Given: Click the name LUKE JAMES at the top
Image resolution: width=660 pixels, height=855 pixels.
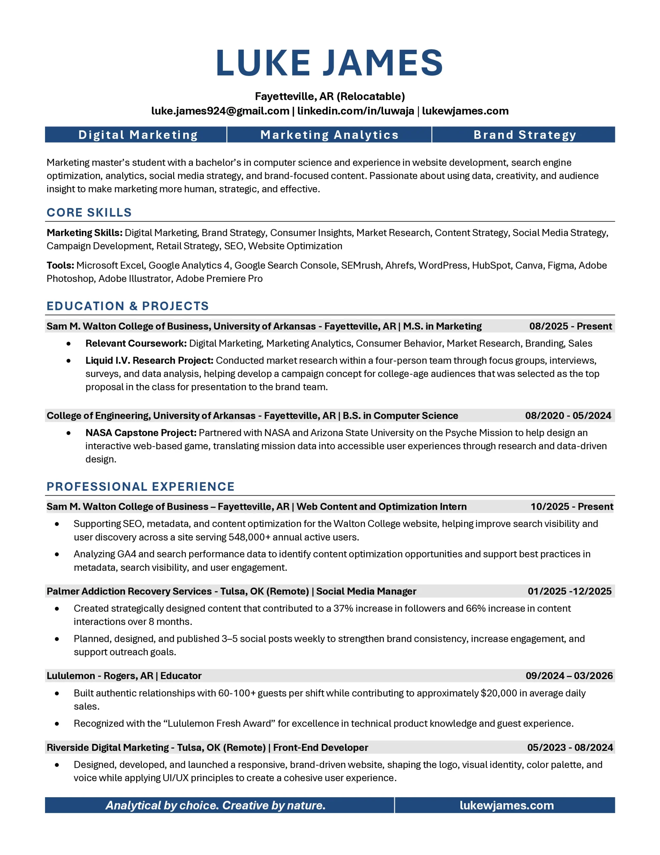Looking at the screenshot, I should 329,63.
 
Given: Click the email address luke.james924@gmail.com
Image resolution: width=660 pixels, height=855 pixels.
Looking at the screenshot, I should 220,111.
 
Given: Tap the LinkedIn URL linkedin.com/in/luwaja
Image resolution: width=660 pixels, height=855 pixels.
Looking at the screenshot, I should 355,111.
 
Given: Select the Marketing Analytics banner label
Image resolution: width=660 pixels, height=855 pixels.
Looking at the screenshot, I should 329,135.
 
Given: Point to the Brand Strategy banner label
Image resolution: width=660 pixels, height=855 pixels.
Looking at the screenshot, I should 525,135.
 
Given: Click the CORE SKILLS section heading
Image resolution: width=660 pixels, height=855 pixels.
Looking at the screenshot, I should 89,212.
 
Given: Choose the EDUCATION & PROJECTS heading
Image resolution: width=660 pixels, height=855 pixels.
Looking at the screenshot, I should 127,306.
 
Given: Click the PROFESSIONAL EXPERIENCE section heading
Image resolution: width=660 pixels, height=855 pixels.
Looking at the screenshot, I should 140,487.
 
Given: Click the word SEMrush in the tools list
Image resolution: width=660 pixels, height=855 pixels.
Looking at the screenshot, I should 361,266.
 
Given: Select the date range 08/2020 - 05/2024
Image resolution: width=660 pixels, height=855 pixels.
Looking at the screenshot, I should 568,416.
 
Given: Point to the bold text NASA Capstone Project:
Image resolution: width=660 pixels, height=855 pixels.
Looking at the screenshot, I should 141,433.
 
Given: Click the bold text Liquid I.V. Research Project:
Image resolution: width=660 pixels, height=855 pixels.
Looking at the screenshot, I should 149,361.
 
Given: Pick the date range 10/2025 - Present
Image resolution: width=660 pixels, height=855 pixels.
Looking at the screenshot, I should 572,507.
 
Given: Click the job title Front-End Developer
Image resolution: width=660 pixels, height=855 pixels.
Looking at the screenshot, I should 320,747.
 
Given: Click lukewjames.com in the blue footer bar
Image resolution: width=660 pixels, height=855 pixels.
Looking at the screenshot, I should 507,805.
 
